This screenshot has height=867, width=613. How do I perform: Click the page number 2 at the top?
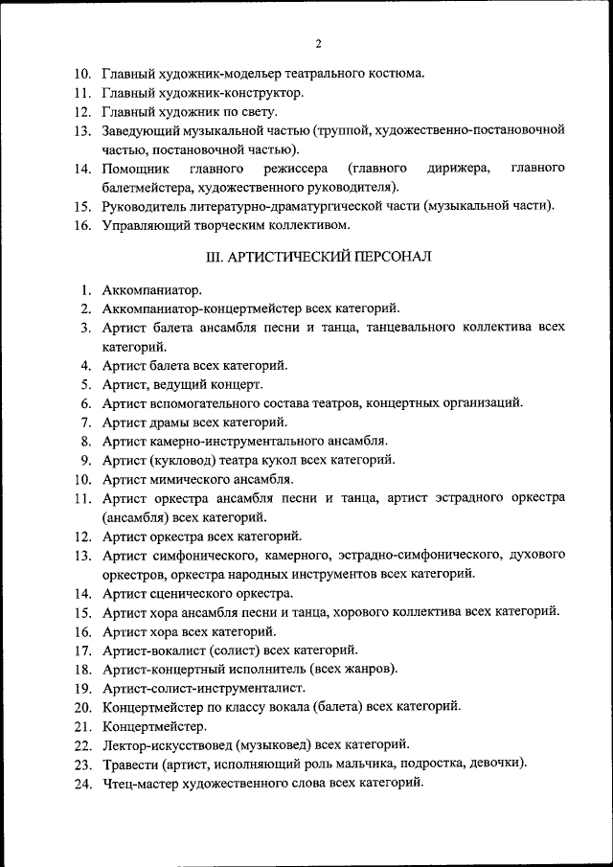point(317,43)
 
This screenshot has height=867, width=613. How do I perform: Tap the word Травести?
point(129,764)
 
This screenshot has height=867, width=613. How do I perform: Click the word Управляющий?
point(146,225)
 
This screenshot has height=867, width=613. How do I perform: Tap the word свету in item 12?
point(257,112)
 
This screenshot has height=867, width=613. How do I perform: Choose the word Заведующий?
point(142,130)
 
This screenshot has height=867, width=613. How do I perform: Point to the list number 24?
point(82,784)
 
